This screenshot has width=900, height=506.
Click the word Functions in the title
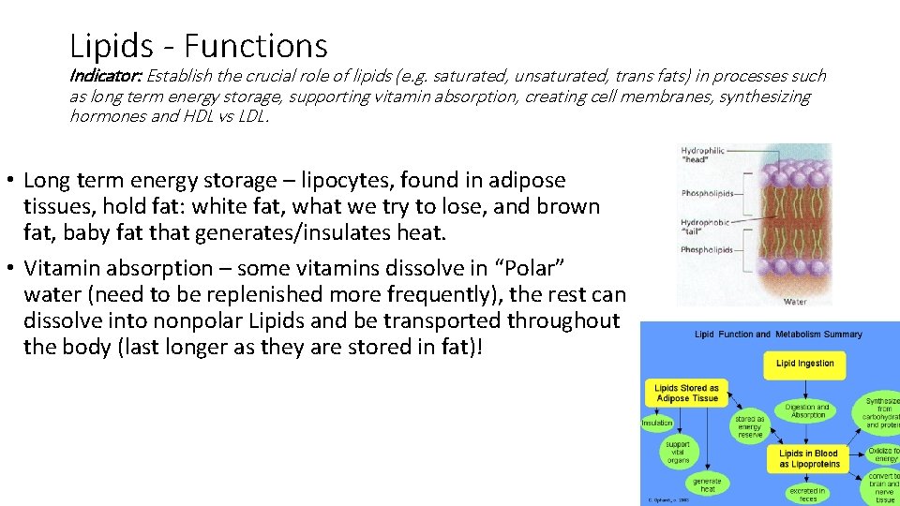(256, 45)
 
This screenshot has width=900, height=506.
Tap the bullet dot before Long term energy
(11, 180)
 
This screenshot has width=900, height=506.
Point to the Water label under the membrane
(795, 302)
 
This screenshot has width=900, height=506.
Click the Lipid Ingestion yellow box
(804, 364)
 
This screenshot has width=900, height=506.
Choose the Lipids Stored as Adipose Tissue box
(686, 393)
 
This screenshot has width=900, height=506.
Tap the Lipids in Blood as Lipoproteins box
(807, 458)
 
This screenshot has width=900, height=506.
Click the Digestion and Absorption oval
(806, 411)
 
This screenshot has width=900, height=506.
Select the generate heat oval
(707, 484)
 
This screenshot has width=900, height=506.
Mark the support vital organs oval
(677, 452)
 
